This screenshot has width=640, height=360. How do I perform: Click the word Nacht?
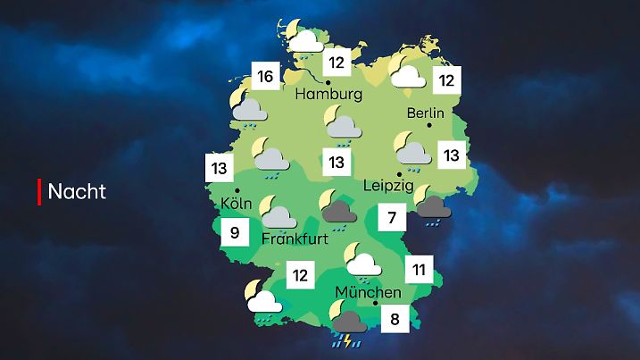coord(77,191)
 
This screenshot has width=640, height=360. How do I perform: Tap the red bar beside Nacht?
coord(39,191)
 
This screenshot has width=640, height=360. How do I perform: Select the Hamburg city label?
coord(328,94)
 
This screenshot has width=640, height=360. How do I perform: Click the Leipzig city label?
coord(389,186)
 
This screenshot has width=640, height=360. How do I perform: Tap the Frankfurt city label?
coord(295,239)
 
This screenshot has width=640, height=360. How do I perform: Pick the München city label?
coord(368,292)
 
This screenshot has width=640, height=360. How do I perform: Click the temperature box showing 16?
coord(264,76)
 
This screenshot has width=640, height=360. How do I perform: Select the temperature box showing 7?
coord(392,217)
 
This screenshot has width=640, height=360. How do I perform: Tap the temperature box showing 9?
coord(234,235)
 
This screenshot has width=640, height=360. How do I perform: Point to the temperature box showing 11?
coord(419,268)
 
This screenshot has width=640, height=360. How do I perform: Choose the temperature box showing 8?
coord(394,318)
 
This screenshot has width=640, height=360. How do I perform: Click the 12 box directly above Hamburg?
coord(337,63)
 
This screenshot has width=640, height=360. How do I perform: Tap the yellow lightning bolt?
coord(347,340)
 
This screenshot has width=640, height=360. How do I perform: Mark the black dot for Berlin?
coord(429,126)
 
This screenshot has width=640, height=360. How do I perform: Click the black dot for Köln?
coord(237,190)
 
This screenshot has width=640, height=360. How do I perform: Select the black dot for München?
coord(375,304)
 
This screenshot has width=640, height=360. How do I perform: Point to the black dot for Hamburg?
coord(328,81)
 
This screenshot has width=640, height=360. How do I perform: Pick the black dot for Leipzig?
coord(398,173)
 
